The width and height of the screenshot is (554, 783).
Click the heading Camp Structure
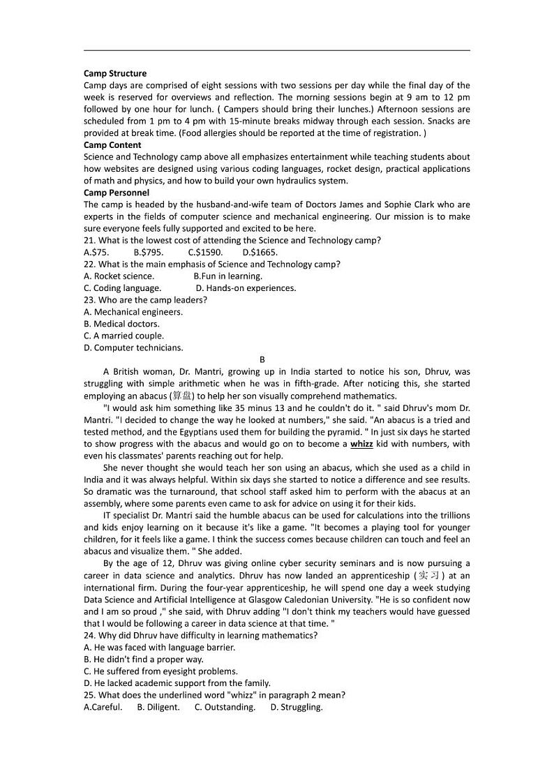pyautogui.click(x=115, y=73)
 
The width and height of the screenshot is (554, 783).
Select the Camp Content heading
pyautogui.click(x=112, y=145)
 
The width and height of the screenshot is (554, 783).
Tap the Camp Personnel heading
pyautogui.click(x=117, y=193)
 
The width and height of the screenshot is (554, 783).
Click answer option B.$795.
pyautogui.click(x=149, y=252)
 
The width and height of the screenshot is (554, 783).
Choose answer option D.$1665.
pyautogui.click(x=260, y=252)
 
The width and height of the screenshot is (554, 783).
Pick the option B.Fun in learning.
pyautogui.click(x=227, y=276)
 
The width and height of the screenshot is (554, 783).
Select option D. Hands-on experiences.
pyautogui.click(x=246, y=288)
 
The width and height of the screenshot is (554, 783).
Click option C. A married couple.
pyautogui.click(x=123, y=336)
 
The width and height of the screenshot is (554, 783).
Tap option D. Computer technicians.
pyautogui.click(x=133, y=348)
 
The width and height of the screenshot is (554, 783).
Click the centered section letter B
pyautogui.click(x=262, y=359)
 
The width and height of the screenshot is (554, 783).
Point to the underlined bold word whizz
pyautogui.click(x=361, y=444)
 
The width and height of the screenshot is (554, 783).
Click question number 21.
pyautogui.click(x=89, y=240)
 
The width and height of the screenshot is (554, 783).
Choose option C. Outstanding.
pyautogui.click(x=225, y=707)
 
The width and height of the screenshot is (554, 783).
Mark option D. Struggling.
pyautogui.click(x=297, y=707)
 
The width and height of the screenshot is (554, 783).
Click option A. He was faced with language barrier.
pyautogui.click(x=159, y=647)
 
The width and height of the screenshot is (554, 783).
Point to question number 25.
pyautogui.click(x=89, y=695)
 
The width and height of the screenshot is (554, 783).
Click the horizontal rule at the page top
pyautogui.click(x=277, y=50)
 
